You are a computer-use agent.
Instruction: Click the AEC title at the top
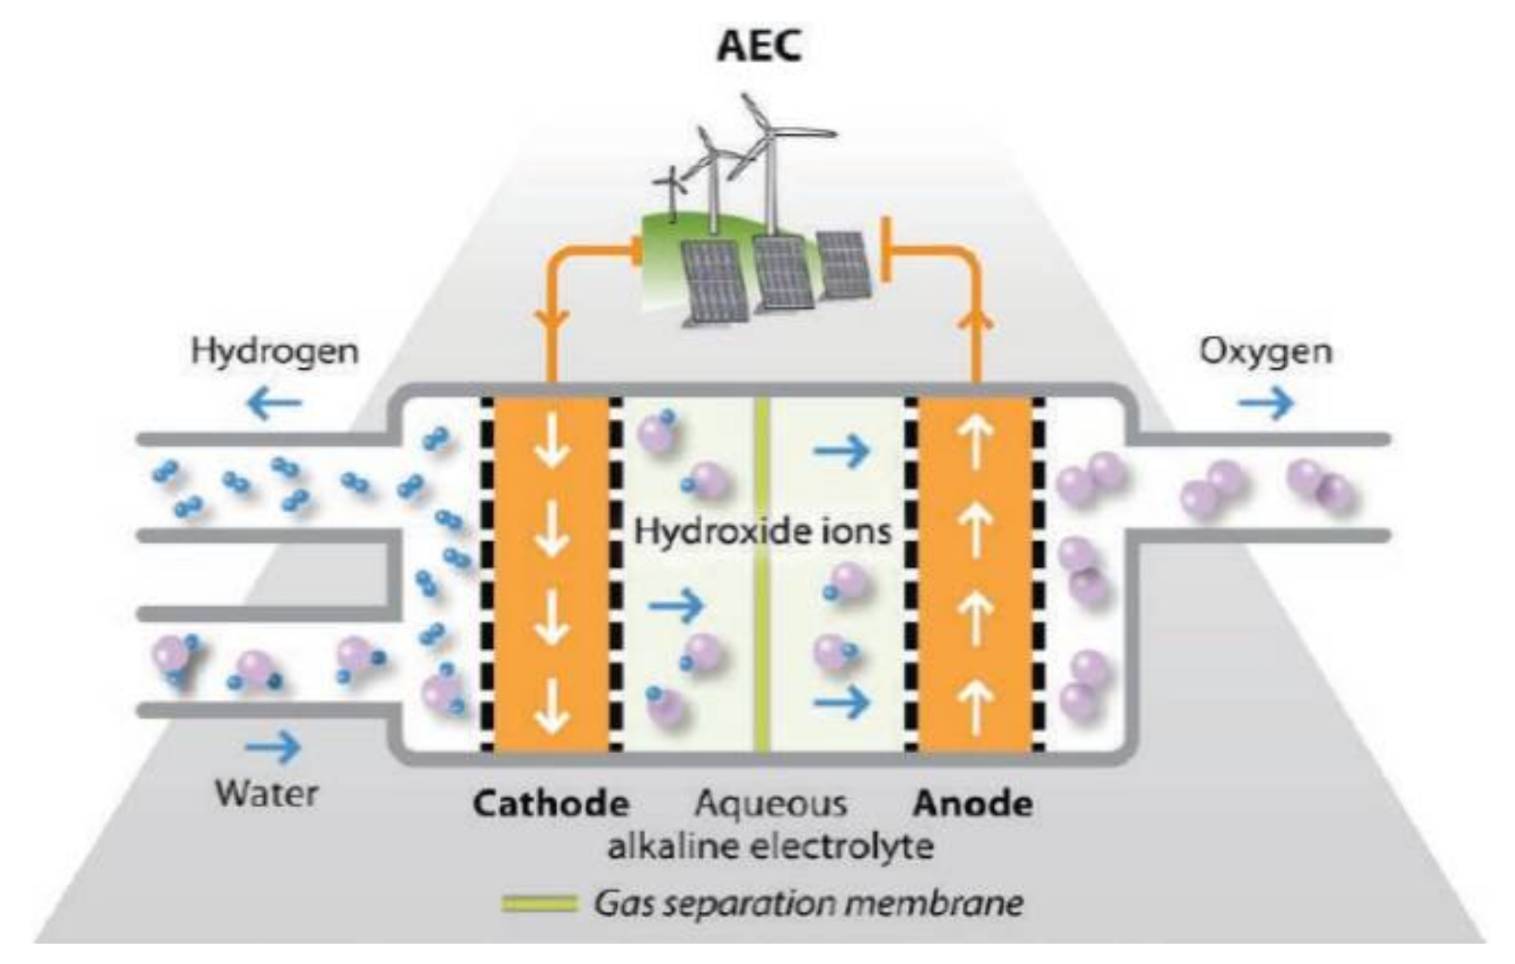759,46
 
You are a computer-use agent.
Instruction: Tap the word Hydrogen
275,351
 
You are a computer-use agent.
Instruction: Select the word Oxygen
1265,351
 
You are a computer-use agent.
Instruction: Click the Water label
266,793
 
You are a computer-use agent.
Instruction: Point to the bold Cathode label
551,804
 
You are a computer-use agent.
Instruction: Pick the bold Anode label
973,804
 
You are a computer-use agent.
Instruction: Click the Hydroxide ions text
762,531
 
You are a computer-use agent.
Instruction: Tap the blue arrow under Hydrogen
274,402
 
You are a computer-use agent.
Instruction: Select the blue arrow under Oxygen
1266,402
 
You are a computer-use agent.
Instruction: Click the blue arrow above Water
273,746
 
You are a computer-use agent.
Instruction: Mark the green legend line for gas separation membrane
539,903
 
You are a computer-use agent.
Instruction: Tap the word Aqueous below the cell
770,804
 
